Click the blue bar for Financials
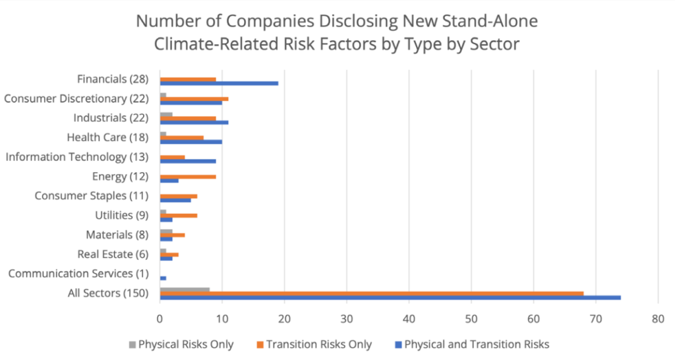click(219, 83)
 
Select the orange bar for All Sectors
click(372, 293)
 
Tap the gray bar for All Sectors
click(185, 289)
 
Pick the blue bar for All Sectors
click(390, 297)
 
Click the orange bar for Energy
click(188, 176)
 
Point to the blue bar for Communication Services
click(163, 278)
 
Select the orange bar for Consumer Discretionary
click(194, 98)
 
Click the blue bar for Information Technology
click(188, 161)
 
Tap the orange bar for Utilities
click(179, 215)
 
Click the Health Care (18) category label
click(108, 137)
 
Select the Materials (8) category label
click(117, 235)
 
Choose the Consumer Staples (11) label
click(92, 196)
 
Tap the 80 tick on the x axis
click(658, 318)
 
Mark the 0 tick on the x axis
click(160, 318)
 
